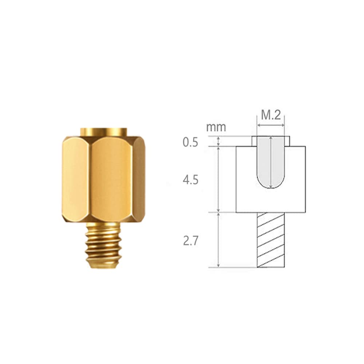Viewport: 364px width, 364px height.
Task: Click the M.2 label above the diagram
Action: coord(271,116)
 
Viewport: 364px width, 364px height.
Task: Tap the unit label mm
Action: coord(216,127)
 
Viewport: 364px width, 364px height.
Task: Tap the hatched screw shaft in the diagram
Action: coord(271,240)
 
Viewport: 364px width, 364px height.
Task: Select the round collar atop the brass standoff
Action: coord(104,131)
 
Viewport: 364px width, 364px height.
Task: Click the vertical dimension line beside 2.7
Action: coord(218,240)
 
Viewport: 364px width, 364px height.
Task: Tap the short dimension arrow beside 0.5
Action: coord(218,142)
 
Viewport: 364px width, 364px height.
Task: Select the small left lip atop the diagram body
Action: coord(254,142)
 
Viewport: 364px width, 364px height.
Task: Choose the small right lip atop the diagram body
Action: coord(287,142)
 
